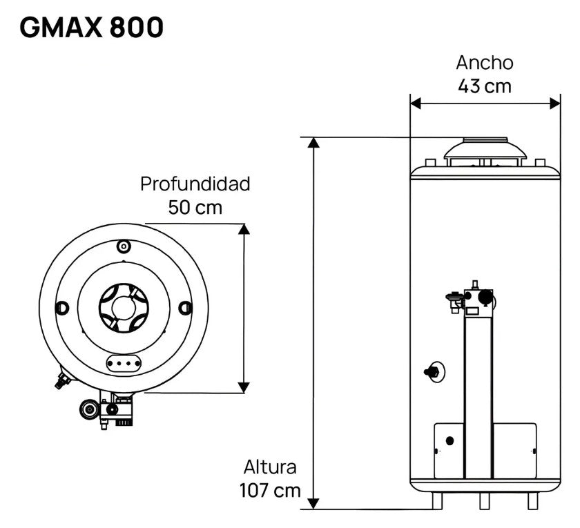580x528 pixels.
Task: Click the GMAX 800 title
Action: pos(92,28)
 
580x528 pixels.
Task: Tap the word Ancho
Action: pos(484,62)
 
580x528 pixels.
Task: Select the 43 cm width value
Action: pos(484,86)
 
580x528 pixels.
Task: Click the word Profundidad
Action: pos(195,184)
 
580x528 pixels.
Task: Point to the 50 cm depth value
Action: pos(195,208)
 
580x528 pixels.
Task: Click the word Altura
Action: pos(270,467)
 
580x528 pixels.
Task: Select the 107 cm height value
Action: pos(270,491)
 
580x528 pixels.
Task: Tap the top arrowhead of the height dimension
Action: pos(314,143)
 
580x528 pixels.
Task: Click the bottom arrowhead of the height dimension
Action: pos(314,503)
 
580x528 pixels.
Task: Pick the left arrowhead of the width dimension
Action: pos(416,103)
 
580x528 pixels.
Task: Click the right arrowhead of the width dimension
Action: pos(555,103)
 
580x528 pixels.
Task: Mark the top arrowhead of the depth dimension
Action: pos(243,229)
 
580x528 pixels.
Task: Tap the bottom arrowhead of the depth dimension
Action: pos(243,387)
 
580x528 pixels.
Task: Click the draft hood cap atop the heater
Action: pos(485,150)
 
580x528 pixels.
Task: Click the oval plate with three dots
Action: pos(124,362)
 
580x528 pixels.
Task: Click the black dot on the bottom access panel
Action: pos(450,440)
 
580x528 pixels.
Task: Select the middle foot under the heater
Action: pos(485,500)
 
